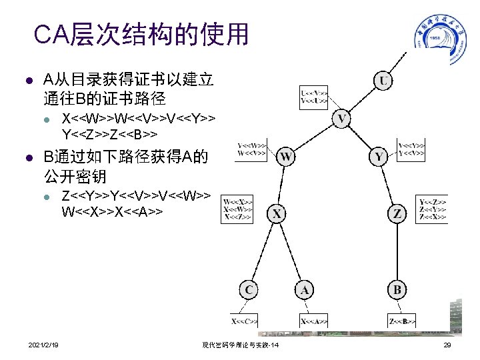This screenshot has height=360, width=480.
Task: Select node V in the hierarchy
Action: pyautogui.click(x=342, y=120)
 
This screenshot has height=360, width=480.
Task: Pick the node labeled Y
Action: pyautogui.click(x=379, y=157)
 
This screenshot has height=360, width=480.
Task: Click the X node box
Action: pyautogui.click(x=277, y=213)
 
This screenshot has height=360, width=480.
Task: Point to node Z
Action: pyautogui.click(x=397, y=213)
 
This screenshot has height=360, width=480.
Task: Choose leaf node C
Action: pyautogui.click(x=249, y=289)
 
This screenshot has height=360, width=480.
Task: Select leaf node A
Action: pyautogui.click(x=305, y=289)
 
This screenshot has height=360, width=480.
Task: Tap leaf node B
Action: pyautogui.click(x=397, y=289)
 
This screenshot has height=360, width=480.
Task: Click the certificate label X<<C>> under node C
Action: pyautogui.click(x=245, y=321)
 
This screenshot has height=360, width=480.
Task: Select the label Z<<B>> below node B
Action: pyautogui.click(x=401, y=321)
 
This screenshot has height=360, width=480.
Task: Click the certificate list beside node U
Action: pyautogui.click(x=314, y=96)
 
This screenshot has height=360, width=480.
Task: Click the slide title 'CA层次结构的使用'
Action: pyautogui.click(x=141, y=33)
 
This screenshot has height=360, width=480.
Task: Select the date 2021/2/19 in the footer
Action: pyautogui.click(x=43, y=345)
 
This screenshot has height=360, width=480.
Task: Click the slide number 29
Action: pyautogui.click(x=447, y=345)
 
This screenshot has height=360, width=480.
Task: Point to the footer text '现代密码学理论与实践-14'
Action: pyautogui.click(x=240, y=345)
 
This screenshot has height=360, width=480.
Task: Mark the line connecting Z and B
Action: pyautogui.click(x=397, y=251)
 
